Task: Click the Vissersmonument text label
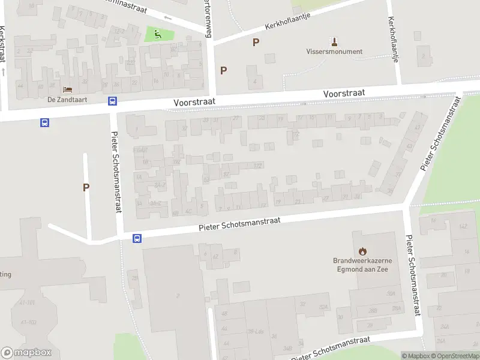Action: [x=335, y=52]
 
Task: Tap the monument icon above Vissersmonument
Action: [x=335, y=41]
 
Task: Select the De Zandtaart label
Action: [x=64, y=100]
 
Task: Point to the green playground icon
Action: [x=158, y=34]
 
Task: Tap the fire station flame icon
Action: [x=362, y=251]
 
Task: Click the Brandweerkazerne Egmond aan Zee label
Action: [x=362, y=265]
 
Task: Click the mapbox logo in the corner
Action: [x=26, y=353]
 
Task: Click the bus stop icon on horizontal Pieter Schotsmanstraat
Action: [x=137, y=238]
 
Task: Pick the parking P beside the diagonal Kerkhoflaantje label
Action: [x=256, y=42]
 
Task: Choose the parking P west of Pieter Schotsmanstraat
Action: [x=86, y=187]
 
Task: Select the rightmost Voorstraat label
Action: [x=344, y=94]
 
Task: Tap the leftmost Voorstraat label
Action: [x=194, y=103]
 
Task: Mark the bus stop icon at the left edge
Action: [x=44, y=122]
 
